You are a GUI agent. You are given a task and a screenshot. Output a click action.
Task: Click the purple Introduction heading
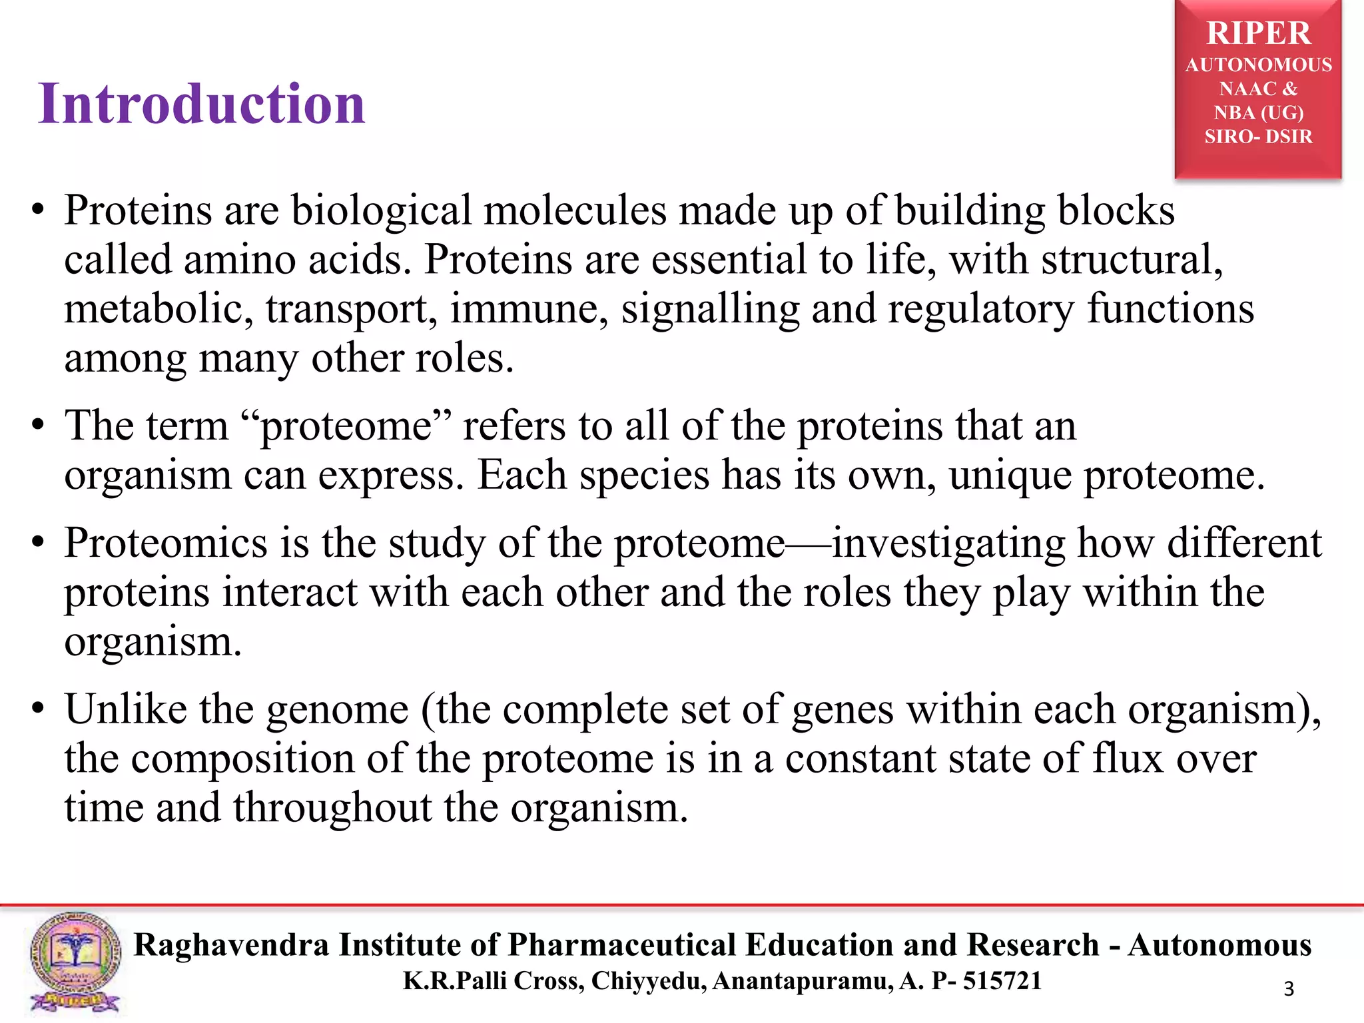click(x=202, y=104)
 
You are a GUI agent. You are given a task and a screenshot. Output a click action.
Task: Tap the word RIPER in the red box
click(x=1258, y=33)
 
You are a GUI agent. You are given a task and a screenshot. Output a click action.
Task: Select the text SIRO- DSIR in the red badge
click(x=1258, y=137)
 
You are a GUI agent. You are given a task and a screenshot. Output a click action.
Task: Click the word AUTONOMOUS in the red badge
click(x=1258, y=65)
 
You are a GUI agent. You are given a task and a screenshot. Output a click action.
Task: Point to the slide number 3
click(x=1289, y=989)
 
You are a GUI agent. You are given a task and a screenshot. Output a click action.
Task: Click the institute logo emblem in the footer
click(x=75, y=962)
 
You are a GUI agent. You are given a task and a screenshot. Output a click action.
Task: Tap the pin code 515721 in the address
click(x=1002, y=981)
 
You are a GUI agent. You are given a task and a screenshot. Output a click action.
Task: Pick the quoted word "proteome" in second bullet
click(x=346, y=426)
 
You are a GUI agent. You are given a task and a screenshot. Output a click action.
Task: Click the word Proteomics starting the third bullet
click(x=166, y=543)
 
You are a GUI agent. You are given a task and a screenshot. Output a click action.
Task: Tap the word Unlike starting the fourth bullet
click(x=125, y=709)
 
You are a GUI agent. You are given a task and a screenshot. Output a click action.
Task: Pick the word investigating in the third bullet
click(x=948, y=543)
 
